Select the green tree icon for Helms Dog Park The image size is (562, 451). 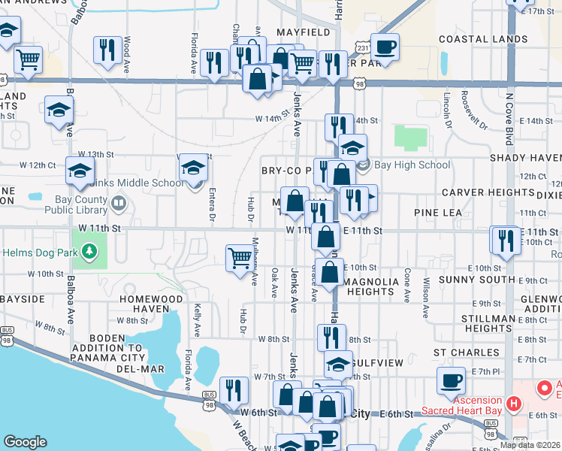click(x=89, y=250)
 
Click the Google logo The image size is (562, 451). click(x=25, y=442)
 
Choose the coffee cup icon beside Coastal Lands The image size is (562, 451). click(x=385, y=47)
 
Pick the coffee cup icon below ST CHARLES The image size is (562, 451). click(x=452, y=381)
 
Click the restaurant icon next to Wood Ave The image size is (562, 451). click(x=106, y=50)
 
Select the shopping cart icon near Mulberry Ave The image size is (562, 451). click(x=240, y=258)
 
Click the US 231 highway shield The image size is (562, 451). click(x=363, y=48)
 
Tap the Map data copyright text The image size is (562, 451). click(x=530, y=445)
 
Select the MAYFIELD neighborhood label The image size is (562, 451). click(x=303, y=33)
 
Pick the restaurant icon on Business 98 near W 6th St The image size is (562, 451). click(x=234, y=390)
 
